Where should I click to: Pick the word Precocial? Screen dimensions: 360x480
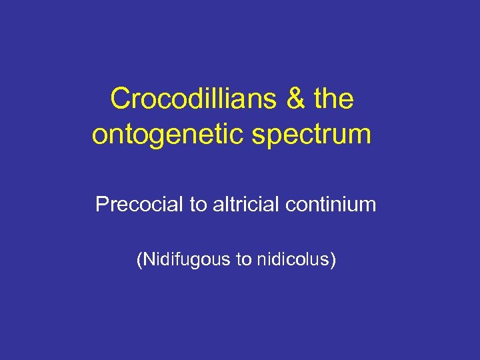[139, 204]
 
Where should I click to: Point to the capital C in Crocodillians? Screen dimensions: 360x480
[120, 99]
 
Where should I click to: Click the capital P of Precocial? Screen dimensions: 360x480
[101, 204]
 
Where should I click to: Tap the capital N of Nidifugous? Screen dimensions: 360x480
[147, 259]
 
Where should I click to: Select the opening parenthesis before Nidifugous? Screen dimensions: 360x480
[139, 259]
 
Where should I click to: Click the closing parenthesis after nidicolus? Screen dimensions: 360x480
[333, 259]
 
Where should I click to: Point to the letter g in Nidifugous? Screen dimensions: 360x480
[194, 261]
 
